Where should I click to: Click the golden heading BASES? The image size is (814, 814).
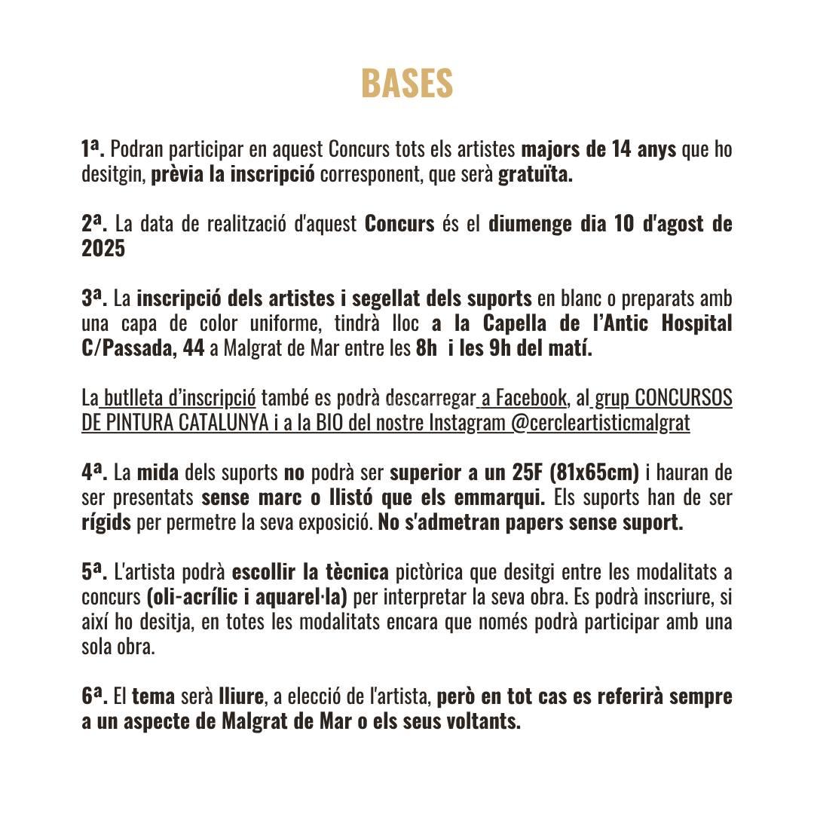[407, 84]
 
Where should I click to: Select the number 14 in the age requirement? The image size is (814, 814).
[621, 149]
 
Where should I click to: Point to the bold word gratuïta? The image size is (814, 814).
[535, 175]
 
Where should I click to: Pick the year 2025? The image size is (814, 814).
[103, 249]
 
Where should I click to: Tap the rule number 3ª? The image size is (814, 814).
[95, 298]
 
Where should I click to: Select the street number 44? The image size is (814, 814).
[194, 348]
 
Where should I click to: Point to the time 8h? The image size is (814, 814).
[426, 348]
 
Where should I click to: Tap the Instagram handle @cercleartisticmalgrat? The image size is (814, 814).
[601, 422]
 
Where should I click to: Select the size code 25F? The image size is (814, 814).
[528, 473]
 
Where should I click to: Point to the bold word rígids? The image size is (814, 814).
[106, 522]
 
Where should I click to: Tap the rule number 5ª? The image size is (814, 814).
[95, 572]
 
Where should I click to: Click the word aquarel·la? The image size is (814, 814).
[301, 597]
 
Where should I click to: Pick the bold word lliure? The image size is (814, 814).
[241, 696]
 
